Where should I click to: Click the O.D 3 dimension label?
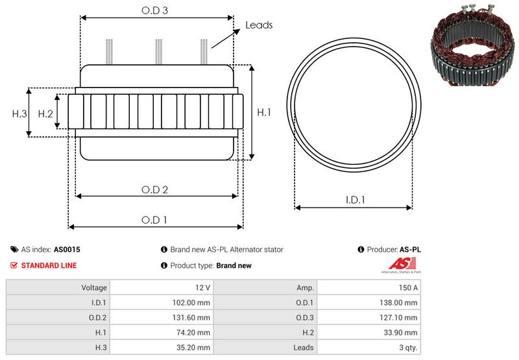(x=156, y=11)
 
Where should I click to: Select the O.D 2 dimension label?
(x=155, y=189)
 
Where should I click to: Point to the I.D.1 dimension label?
(x=354, y=200)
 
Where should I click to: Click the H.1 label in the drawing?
(x=264, y=112)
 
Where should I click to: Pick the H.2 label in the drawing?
(x=45, y=114)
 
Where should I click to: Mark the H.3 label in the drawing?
(x=19, y=114)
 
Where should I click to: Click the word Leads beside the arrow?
(x=259, y=25)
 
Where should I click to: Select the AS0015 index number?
(x=67, y=249)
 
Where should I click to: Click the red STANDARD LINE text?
(x=49, y=265)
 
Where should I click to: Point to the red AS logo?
(x=397, y=264)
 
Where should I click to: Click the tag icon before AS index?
(x=14, y=249)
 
